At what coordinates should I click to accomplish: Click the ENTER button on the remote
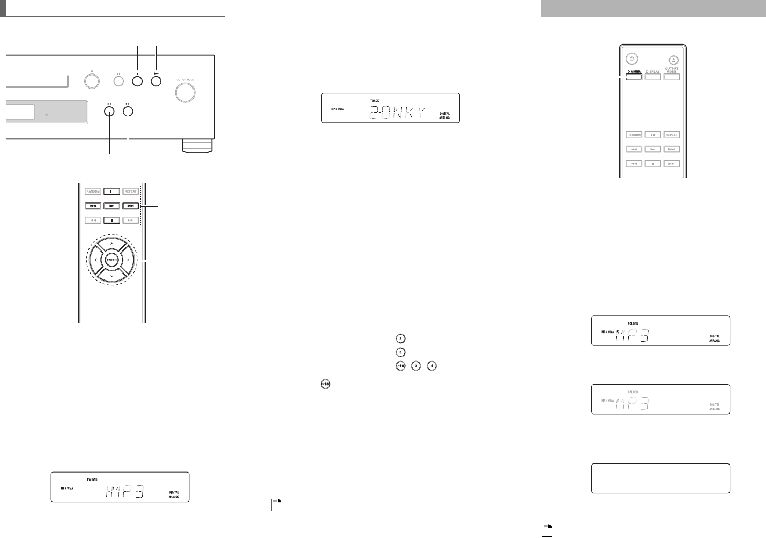click(x=111, y=260)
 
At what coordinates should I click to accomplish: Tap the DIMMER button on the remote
click(x=634, y=77)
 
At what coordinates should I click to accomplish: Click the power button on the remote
click(x=632, y=59)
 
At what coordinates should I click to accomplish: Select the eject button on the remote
click(x=674, y=60)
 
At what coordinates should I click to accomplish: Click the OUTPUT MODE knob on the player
click(x=185, y=92)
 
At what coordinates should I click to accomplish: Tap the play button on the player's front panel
click(x=156, y=82)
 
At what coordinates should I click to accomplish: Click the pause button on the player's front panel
click(x=118, y=82)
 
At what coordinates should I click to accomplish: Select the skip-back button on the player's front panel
click(x=109, y=112)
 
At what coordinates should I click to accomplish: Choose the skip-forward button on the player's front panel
click(x=128, y=112)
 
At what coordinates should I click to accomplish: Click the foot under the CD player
click(x=197, y=145)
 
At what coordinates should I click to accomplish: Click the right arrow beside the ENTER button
click(x=128, y=260)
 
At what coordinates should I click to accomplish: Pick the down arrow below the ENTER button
click(x=111, y=276)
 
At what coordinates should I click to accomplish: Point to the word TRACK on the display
click(x=375, y=101)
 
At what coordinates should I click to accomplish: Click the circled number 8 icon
click(x=400, y=338)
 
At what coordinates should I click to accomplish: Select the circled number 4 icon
click(x=432, y=366)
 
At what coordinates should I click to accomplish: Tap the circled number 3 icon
click(x=417, y=366)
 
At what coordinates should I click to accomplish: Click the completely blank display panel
click(x=660, y=478)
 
